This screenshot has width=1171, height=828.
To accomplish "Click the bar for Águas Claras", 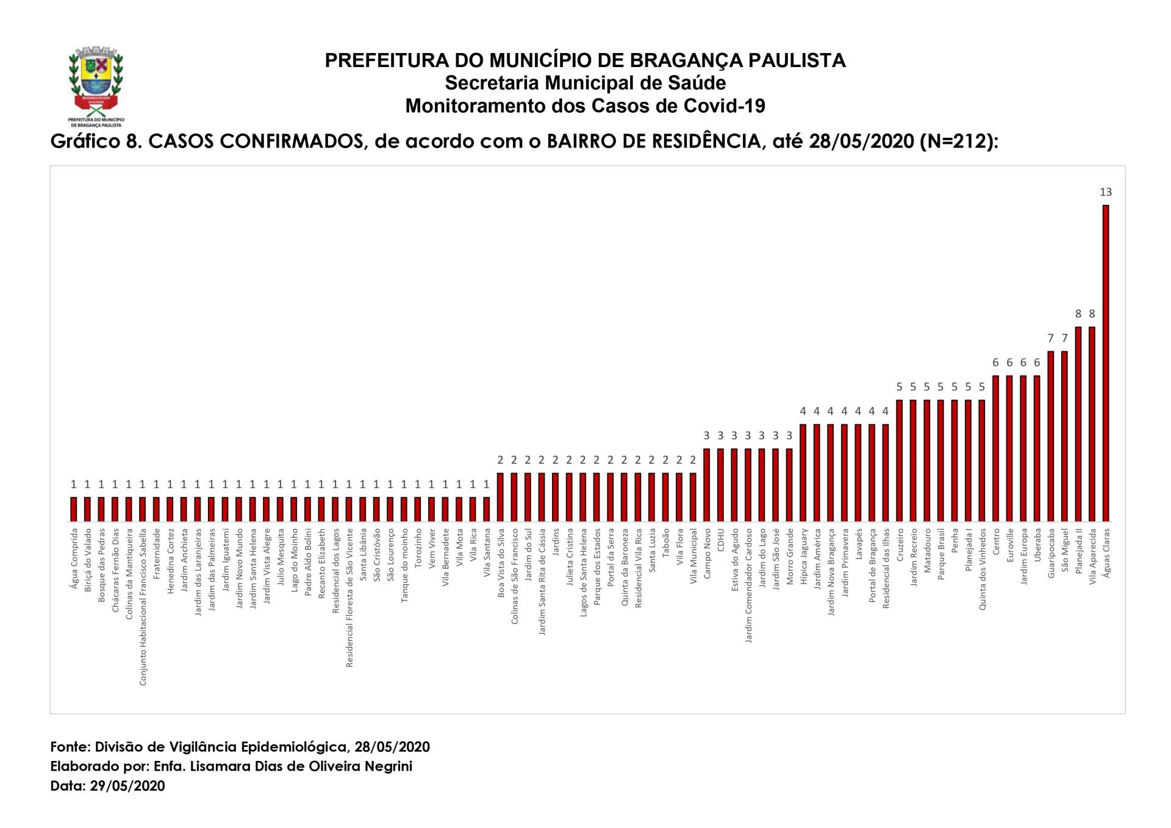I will click(1105, 363).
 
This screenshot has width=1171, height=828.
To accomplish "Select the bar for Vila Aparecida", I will click(1092, 424).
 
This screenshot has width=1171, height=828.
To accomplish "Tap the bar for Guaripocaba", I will click(1050, 437).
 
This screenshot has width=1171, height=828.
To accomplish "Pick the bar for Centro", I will click(995, 449).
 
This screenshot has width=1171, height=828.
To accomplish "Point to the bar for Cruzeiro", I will click(899, 461).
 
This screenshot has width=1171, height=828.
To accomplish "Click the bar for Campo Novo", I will click(706, 485).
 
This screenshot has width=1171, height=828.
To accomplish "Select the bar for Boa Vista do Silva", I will click(500, 498).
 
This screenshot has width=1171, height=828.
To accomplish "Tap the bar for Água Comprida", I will click(74, 510).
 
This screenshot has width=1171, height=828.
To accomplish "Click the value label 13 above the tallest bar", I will click(1105, 192).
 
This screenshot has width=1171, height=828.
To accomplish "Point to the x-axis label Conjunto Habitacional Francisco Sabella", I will click(143, 607).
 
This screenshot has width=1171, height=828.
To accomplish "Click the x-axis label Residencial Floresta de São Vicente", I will click(349, 598).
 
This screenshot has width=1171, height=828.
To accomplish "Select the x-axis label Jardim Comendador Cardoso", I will click(748, 585).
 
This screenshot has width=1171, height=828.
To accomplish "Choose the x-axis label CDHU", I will click(720, 540).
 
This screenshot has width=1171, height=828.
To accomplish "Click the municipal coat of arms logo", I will click(96, 85).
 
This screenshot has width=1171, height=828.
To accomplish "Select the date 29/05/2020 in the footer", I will click(127, 786).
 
